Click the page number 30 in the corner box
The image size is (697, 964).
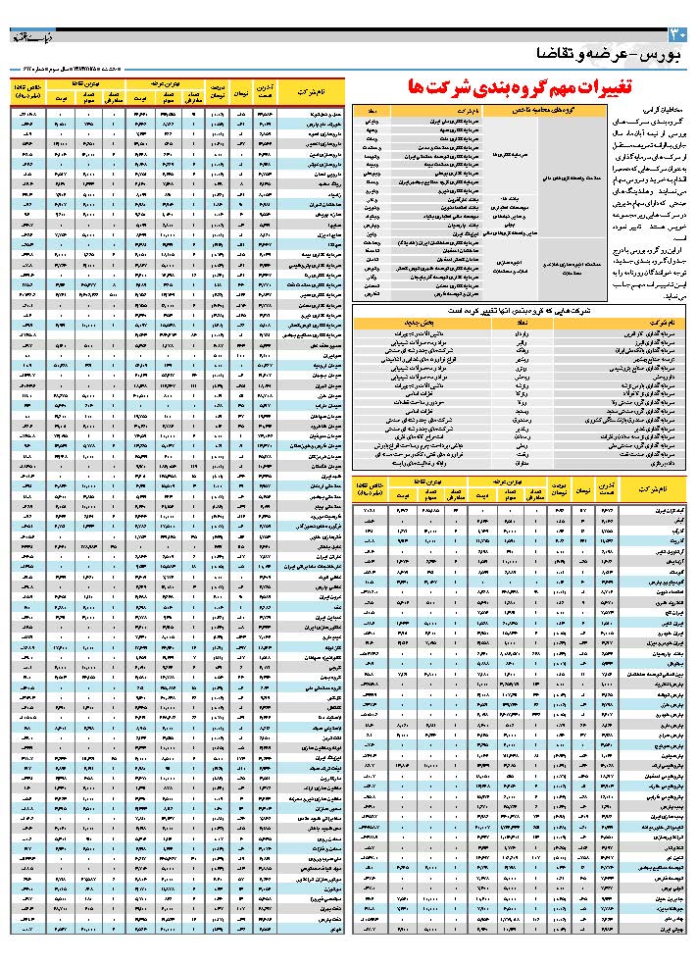(683, 35)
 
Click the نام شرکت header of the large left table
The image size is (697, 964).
(314, 91)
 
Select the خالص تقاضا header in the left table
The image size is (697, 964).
(26, 91)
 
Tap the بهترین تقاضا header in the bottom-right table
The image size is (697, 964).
(402, 481)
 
